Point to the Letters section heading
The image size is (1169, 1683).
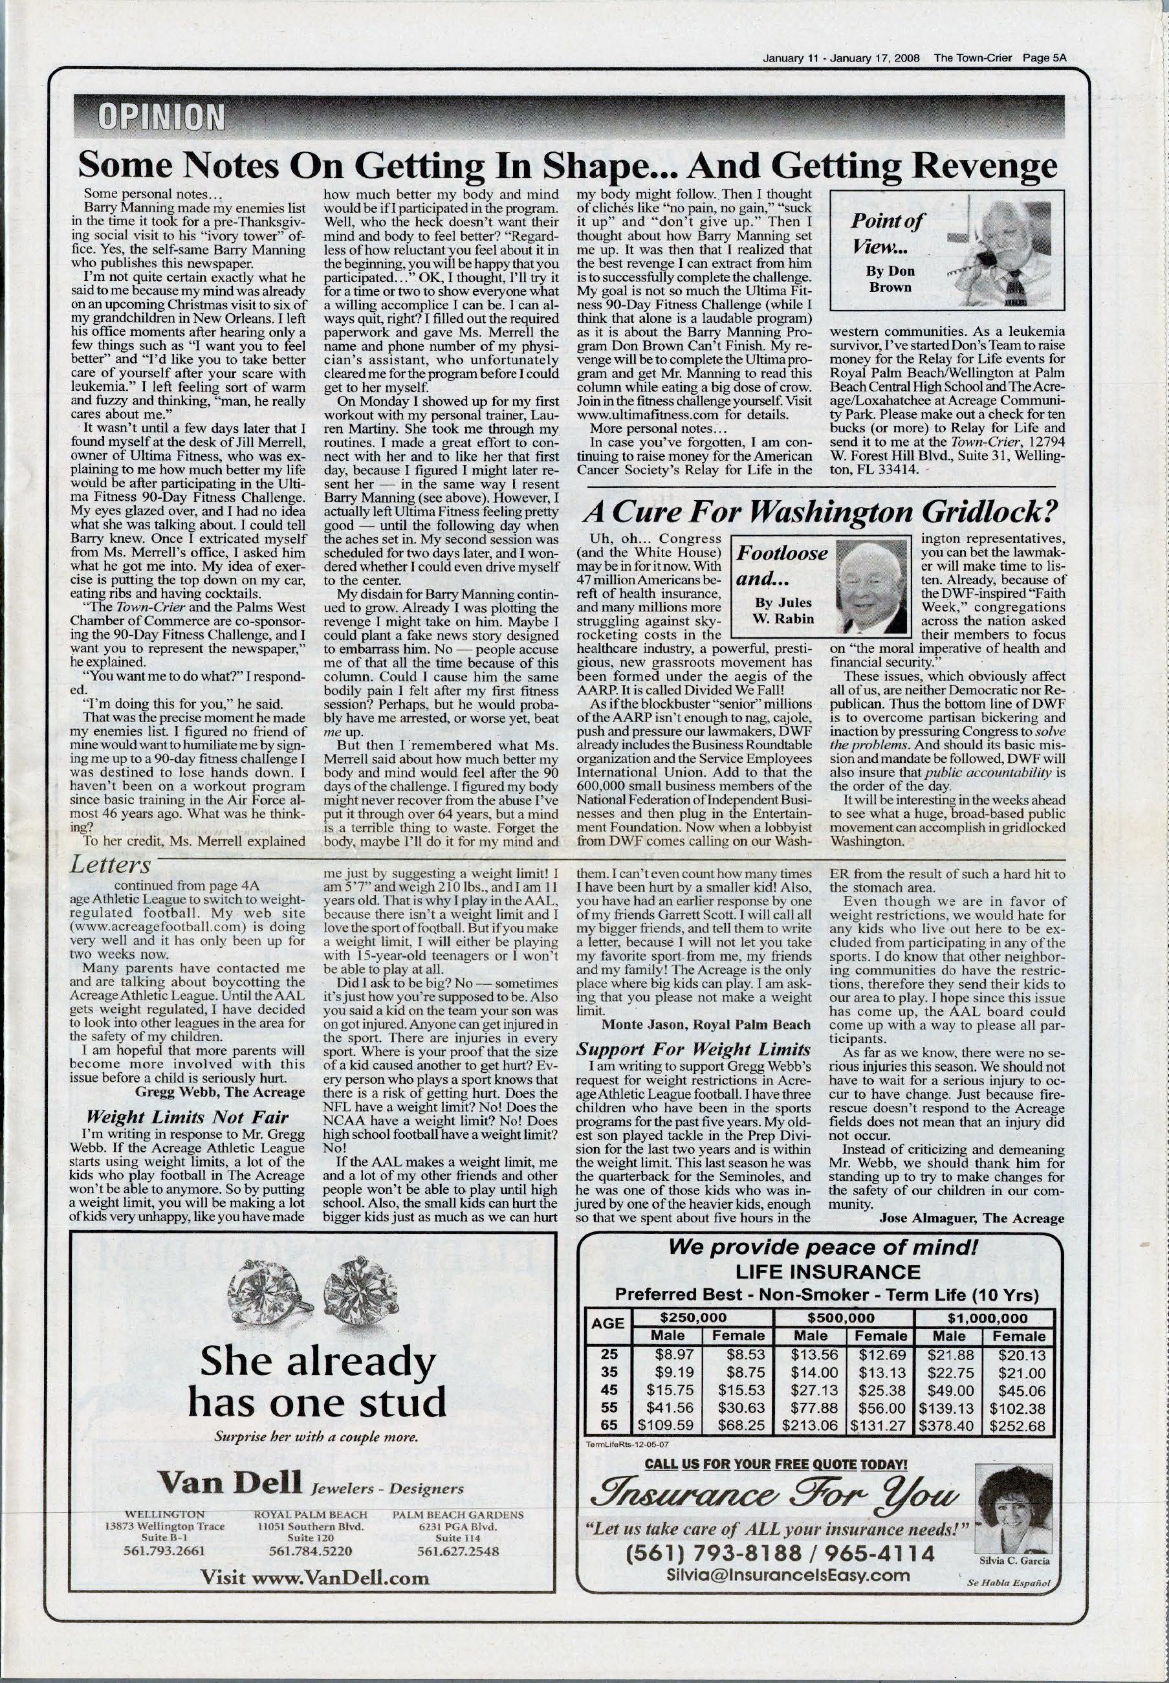111,865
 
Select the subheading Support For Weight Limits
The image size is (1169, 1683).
694,1049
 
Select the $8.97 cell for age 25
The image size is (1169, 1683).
670,1354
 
